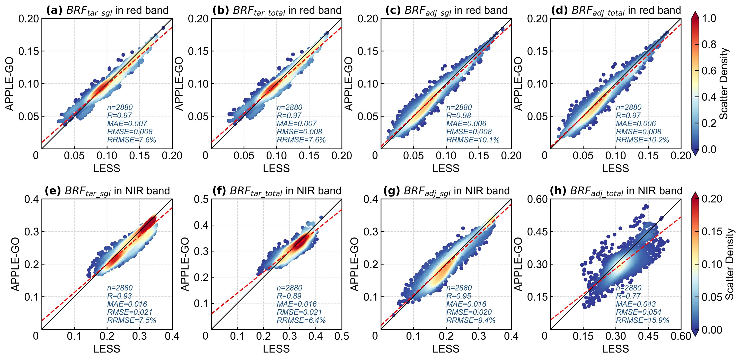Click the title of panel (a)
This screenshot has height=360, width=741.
(107, 10)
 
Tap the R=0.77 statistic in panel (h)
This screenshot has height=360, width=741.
(628, 296)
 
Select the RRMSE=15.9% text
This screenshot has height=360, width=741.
(642, 320)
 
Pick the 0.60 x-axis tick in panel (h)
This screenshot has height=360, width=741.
(681, 336)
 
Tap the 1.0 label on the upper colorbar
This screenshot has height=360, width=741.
(709, 19)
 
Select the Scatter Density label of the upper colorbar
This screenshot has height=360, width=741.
(724, 83)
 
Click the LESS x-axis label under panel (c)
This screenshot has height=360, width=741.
(446, 168)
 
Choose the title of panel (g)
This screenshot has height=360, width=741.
(446, 191)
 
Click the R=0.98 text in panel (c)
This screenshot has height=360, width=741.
(458, 115)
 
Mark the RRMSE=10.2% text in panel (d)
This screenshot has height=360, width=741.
(642, 139)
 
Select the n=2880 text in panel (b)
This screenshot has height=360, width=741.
(289, 107)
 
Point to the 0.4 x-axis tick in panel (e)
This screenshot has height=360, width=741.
(172, 336)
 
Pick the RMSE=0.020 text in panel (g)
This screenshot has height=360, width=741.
(469, 312)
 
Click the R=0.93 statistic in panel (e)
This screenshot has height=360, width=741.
(119, 296)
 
